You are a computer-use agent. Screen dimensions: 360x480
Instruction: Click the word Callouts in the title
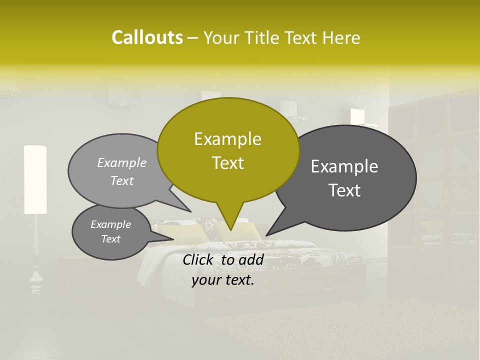147,37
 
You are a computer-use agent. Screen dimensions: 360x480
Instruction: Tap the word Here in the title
341,37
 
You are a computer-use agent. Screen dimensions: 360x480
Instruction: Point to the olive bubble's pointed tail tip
230,229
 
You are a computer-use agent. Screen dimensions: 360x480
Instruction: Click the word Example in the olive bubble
227,139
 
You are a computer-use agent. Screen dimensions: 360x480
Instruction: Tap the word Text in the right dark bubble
344,190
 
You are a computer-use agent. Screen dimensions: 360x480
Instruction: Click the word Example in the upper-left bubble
122,162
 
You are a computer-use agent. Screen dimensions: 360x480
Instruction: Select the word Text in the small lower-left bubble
111,239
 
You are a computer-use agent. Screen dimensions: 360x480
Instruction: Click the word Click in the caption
199,259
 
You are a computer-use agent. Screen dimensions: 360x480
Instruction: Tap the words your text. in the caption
223,280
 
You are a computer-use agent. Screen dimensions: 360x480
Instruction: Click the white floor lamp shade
35,179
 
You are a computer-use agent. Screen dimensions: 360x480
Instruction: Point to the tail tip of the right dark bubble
266,235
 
